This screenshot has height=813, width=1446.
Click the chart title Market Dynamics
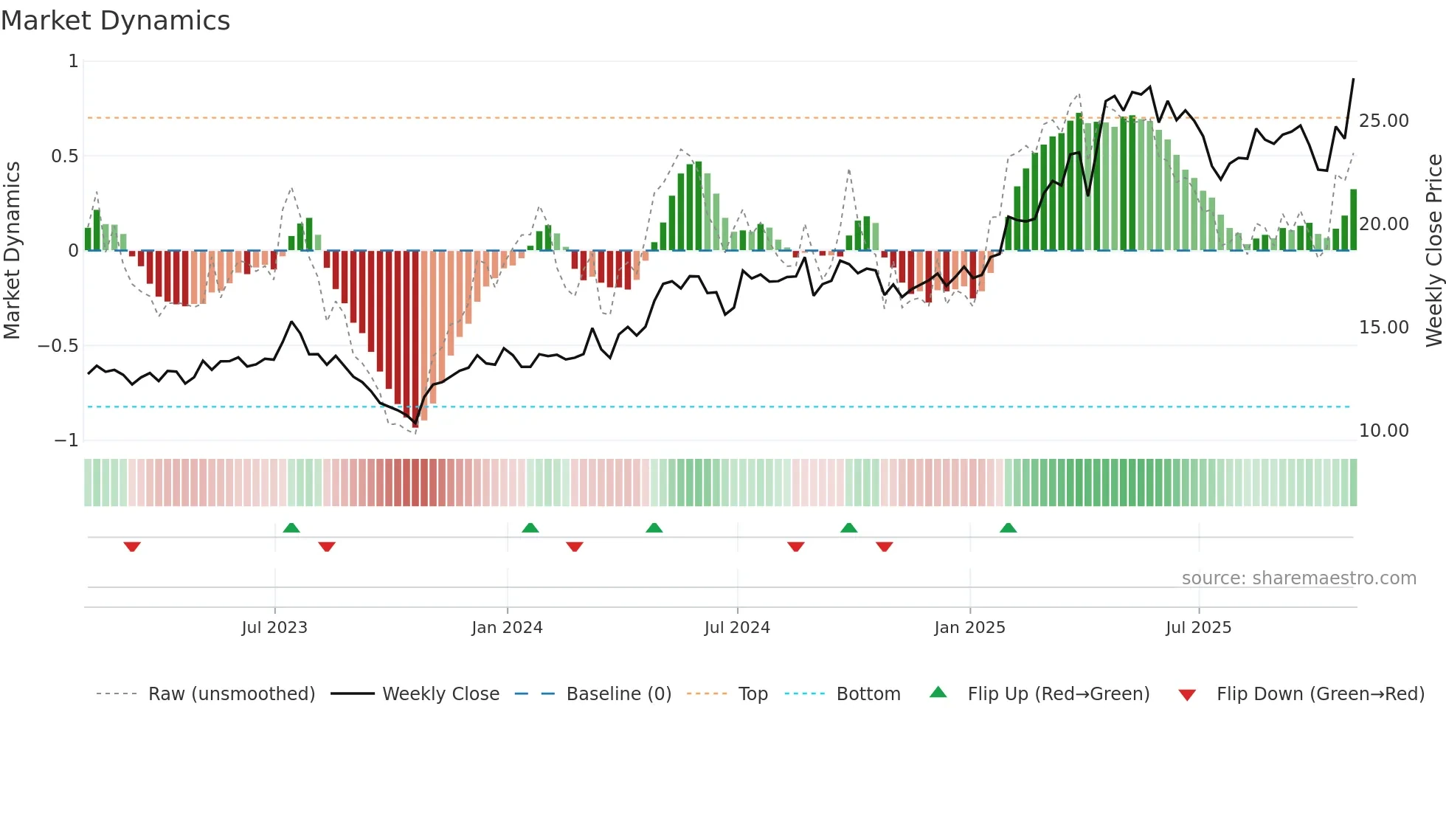click(x=115, y=21)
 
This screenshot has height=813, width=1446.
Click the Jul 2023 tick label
click(x=274, y=628)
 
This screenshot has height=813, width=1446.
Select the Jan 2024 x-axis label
click(x=507, y=628)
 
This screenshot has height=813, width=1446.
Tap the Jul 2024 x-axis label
click(x=737, y=628)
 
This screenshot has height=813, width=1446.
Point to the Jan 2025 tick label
click(x=969, y=628)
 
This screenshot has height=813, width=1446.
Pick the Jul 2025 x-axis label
click(x=1199, y=628)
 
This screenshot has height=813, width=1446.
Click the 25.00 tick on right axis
click(x=1383, y=121)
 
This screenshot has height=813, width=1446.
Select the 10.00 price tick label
click(x=1383, y=431)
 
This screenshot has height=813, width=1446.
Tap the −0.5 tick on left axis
click(x=58, y=346)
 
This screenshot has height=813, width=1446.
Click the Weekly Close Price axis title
click(x=1433, y=250)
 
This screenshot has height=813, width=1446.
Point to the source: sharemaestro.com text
click(x=1298, y=578)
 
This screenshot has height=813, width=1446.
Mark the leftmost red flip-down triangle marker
click(x=132, y=547)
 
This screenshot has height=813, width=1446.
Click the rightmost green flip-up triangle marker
click(x=1008, y=527)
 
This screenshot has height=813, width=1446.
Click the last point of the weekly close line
click(x=1353, y=79)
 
